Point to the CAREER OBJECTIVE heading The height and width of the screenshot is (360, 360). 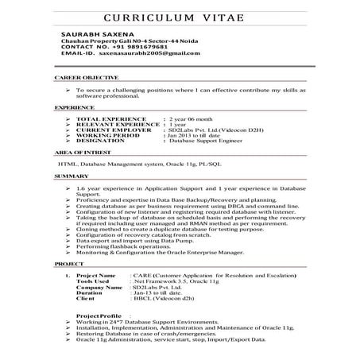pyautogui.click(x=87, y=78)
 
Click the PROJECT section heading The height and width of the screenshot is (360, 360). pyautogui.click(x=68, y=261)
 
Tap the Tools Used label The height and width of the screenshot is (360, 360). pyautogui.click(x=93, y=281)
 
